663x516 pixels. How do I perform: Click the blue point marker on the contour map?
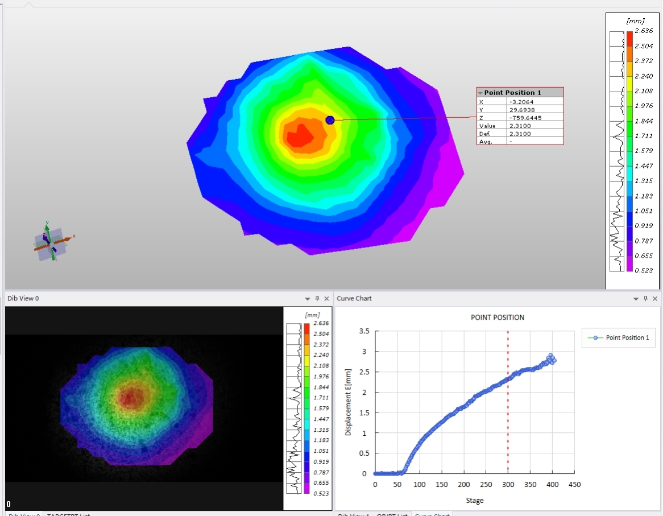[330, 119]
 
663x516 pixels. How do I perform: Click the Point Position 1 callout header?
[512, 93]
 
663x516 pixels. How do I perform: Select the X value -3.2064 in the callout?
[521, 102]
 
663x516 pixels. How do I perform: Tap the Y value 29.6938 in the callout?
[521, 110]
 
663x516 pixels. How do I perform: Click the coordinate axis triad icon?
[51, 242]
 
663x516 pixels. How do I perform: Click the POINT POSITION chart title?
[498, 317]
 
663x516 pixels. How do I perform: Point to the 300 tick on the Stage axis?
[508, 485]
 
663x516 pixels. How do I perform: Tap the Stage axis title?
[474, 501]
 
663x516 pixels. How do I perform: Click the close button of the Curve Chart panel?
[655, 299]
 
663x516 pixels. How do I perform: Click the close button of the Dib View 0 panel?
[326, 299]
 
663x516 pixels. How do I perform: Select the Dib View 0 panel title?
[23, 299]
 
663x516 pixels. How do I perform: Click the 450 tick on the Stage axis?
[574, 485]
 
